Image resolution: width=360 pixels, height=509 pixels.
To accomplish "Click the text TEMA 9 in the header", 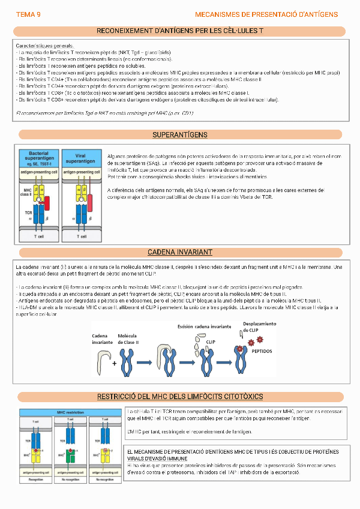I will (x=28, y=14).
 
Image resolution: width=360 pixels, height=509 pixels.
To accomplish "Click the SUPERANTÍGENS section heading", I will (x=179, y=134).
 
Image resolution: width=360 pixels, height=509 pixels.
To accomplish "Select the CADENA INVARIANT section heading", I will (x=179, y=252).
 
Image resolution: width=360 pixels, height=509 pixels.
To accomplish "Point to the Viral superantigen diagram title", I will (x=80, y=159).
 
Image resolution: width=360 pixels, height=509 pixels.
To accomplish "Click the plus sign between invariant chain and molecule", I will (x=114, y=363).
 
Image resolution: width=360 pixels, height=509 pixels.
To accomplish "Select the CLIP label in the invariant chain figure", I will (x=211, y=342).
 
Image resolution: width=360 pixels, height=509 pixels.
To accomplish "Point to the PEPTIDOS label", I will (x=261, y=352).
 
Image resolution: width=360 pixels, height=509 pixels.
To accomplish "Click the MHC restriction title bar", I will (x=70, y=412).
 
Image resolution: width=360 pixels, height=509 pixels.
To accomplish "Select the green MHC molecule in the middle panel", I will (x=70, y=460).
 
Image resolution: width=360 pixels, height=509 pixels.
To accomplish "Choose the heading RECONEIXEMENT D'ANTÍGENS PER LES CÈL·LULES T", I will (x=180, y=31).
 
